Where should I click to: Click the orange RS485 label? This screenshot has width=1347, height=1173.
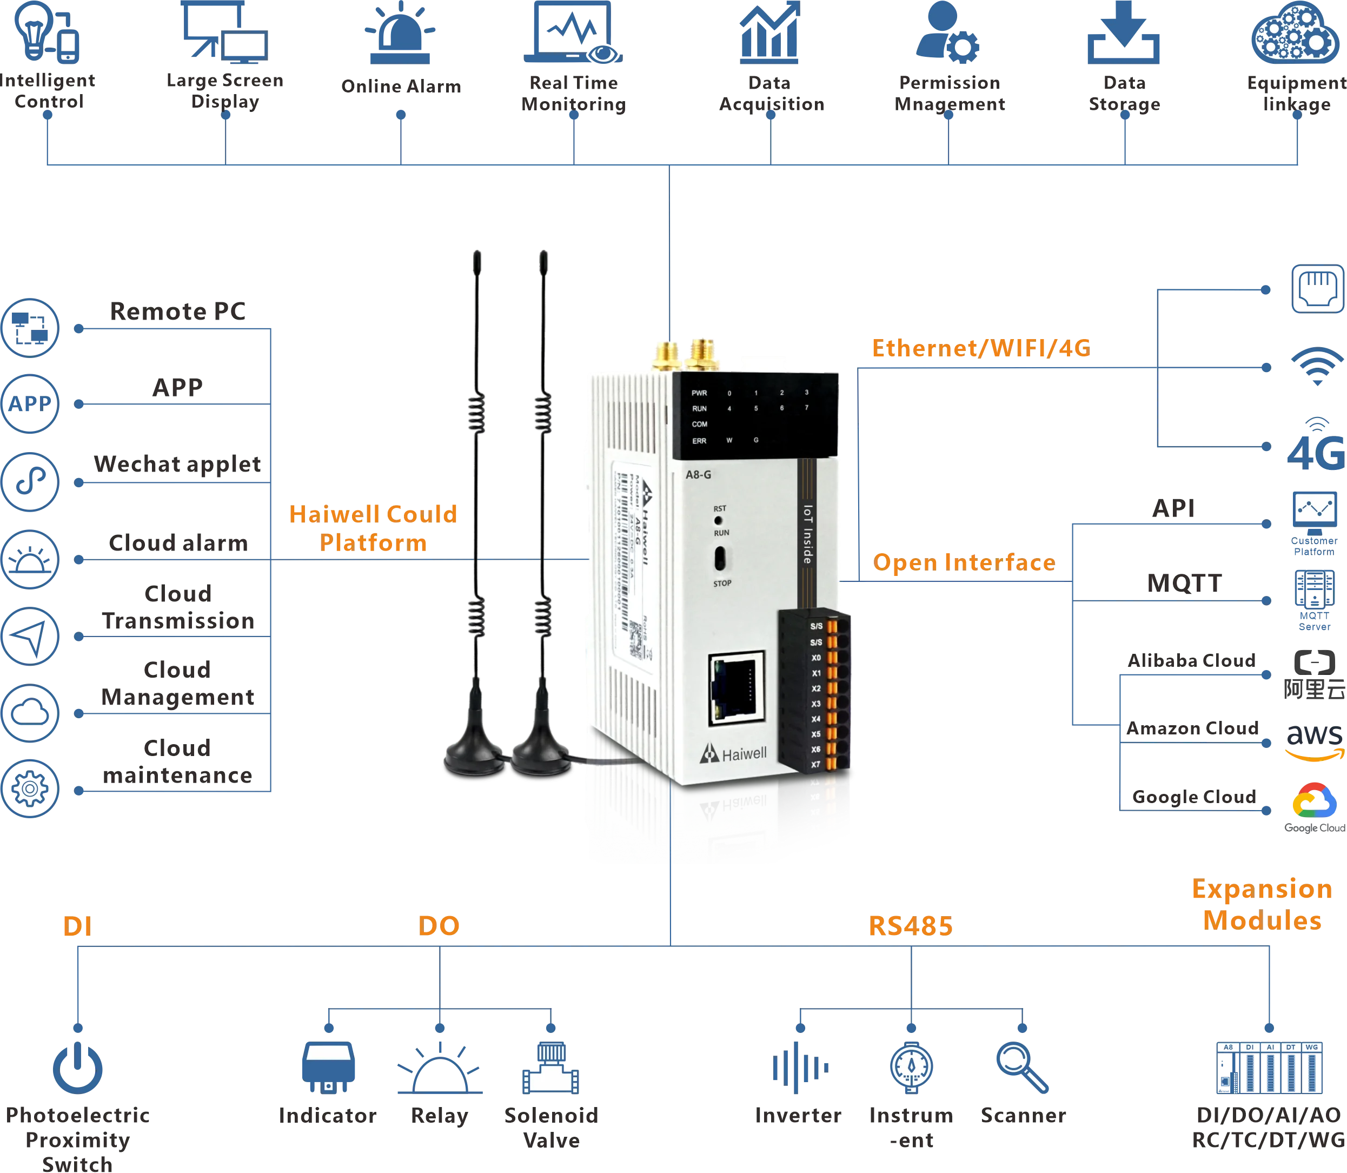coord(911,925)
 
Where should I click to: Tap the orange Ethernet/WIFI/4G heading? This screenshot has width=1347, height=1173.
coord(980,348)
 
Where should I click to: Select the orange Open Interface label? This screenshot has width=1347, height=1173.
coord(964,562)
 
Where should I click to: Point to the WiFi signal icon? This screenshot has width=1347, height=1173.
coord(1316,367)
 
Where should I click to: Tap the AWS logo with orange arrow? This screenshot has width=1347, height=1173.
coord(1313,741)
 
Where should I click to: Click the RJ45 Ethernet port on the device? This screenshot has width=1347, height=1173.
coord(737,688)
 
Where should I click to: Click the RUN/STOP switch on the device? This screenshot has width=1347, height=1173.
coord(720,558)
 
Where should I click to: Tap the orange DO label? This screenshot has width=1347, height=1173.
coord(439,925)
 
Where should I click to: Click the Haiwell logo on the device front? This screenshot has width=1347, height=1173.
coord(733,754)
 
